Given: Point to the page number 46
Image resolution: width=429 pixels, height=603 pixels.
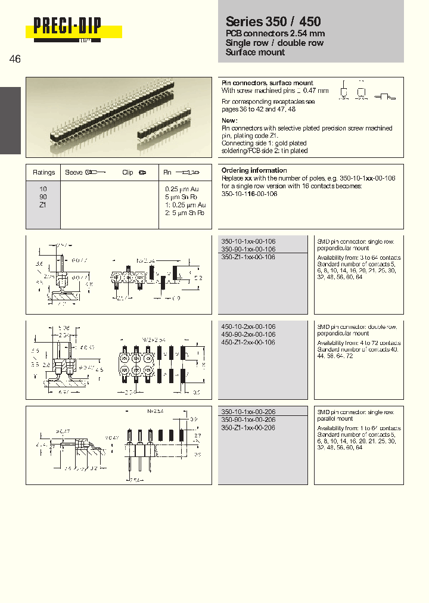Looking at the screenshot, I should (15, 59).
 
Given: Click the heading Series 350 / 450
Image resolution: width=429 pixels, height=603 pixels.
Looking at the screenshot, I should (273, 22).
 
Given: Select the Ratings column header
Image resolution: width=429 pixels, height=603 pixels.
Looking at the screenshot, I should (43, 172).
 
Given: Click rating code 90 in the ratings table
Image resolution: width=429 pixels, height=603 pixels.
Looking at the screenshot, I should (43, 197).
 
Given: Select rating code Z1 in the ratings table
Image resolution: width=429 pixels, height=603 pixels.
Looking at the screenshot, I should (43, 204).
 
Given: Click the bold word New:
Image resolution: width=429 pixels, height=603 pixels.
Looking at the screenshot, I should (230, 120).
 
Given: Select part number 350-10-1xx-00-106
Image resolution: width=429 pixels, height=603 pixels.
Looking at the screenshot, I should (248, 241).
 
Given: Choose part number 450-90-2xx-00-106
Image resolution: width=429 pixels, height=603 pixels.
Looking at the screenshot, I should (248, 335).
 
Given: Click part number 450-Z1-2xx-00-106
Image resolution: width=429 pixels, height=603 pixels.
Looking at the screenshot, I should (248, 343).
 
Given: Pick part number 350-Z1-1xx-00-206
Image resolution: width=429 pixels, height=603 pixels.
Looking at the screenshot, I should (248, 428).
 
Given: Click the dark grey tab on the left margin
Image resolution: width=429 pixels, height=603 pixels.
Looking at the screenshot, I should (10, 120).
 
